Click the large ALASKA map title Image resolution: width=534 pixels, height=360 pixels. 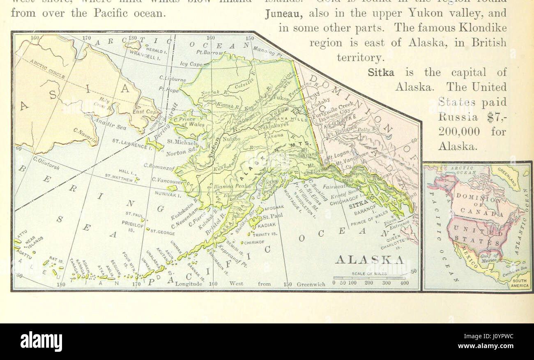click(x=370, y=259)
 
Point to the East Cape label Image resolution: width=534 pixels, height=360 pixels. click(x=146, y=112)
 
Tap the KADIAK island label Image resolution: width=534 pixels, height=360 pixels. click(x=267, y=225)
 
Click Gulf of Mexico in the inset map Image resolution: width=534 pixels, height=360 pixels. click(x=490, y=258)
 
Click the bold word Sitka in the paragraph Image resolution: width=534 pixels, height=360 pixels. click(x=381, y=72)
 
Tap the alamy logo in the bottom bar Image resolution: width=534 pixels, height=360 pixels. click(x=41, y=341)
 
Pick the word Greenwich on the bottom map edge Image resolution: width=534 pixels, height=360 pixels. click(x=311, y=284)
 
